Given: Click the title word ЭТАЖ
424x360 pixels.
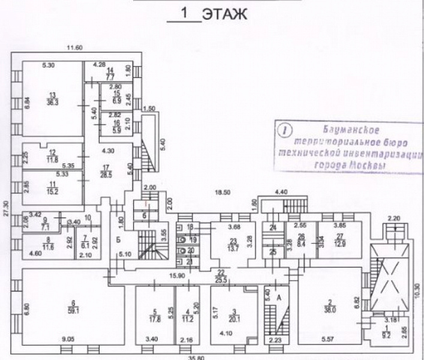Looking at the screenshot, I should pyautogui.click(x=224, y=14).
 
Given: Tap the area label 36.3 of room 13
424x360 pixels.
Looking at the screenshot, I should pyautogui.click(x=53, y=103).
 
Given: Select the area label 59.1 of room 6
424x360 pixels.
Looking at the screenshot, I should pyautogui.click(x=73, y=310).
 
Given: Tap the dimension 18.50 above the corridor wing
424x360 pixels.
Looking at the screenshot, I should pyautogui.click(x=223, y=192).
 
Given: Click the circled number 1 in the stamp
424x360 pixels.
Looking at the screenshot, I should pyautogui.click(x=285, y=128).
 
